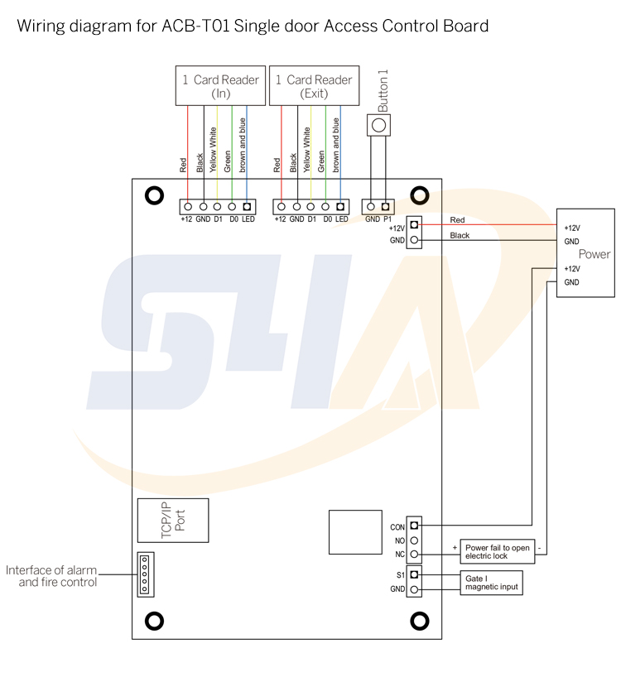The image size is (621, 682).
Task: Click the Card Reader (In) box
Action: point(220,86)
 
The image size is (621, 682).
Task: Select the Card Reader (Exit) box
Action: point(313,86)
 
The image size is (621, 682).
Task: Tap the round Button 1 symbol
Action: point(379,126)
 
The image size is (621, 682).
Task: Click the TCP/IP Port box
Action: point(173,520)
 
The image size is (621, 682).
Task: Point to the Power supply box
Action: point(585,252)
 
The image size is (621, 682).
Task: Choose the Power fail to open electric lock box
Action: point(497,552)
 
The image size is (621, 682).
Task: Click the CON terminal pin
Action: point(414,525)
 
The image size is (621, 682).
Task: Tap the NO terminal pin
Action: point(414,540)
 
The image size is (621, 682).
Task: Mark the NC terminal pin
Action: point(414,555)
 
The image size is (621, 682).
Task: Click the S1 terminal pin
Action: point(414,574)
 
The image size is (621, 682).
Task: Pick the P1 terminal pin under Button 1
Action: point(386,206)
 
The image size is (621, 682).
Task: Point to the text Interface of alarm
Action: point(51,570)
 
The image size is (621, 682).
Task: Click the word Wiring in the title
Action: point(42,26)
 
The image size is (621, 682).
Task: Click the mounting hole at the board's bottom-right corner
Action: point(420,621)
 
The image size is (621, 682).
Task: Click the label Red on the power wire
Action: point(457,220)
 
